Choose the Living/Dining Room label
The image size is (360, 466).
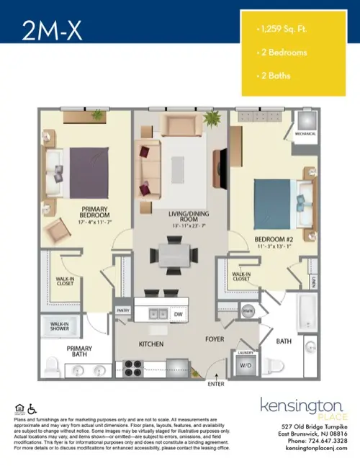(172, 218)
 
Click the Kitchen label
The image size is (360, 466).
(152, 345)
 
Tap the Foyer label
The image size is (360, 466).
(215, 338)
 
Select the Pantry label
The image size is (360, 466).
(122, 310)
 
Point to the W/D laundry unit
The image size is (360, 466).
(246, 364)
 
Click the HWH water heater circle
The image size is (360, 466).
(247, 311)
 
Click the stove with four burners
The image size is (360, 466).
(134, 367)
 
